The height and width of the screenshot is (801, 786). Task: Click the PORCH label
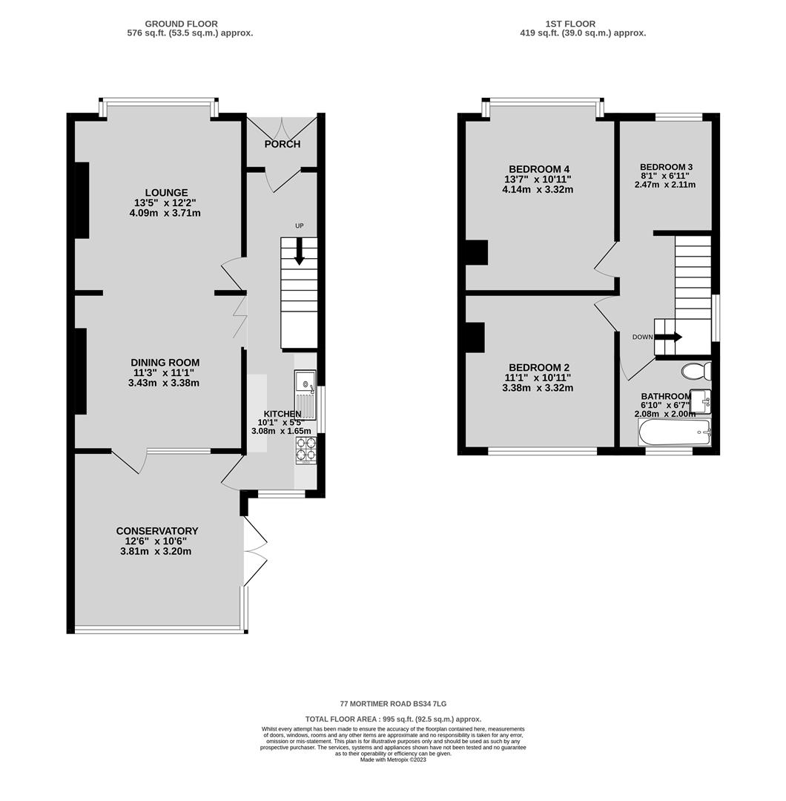[282, 144]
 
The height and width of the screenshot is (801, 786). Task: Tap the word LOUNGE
[167, 193]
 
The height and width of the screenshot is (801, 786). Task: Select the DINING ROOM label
[165, 363]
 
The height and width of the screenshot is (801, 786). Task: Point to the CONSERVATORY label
[156, 531]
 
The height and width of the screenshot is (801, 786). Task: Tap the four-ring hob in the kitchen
[306, 449]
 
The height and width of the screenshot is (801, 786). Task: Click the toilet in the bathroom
[696, 370]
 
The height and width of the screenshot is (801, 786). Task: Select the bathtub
[674, 433]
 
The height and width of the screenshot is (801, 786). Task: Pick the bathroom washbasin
[701, 400]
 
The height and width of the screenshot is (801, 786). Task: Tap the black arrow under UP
[300, 252]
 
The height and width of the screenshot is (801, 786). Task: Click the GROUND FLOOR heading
[182, 24]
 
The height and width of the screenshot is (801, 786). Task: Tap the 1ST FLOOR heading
[570, 24]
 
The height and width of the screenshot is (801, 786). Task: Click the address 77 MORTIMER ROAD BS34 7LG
[393, 704]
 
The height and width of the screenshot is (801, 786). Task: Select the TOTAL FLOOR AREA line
[393, 719]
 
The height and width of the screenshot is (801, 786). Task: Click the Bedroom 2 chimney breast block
[475, 337]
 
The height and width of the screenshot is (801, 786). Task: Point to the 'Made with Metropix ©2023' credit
[393, 759]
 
